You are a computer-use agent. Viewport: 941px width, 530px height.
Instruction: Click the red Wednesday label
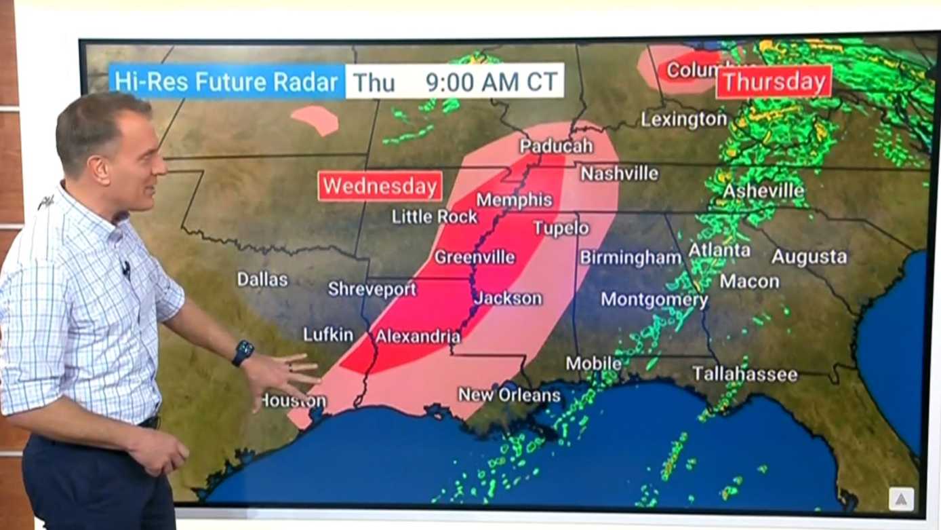[380, 186]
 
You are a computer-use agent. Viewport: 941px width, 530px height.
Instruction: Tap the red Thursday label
[774, 82]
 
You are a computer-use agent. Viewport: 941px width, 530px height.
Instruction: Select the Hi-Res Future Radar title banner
[226, 82]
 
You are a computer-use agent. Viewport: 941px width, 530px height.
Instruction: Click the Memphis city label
[514, 200]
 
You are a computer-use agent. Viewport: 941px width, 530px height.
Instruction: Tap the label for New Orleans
[509, 395]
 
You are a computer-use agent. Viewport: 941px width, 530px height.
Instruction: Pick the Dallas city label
[262, 280]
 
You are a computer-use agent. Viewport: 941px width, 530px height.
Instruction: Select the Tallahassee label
[744, 374]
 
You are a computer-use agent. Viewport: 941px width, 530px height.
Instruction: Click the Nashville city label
[619, 174]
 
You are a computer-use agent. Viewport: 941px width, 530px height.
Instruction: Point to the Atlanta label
[719, 250]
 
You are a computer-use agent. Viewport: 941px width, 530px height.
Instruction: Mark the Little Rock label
[435, 217]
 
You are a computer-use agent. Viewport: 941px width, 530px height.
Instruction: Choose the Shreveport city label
[372, 289]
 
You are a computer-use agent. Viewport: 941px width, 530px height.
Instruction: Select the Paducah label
[556, 146]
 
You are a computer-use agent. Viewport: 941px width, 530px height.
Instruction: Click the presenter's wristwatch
[242, 353]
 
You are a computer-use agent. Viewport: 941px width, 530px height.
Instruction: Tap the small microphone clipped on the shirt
[125, 269]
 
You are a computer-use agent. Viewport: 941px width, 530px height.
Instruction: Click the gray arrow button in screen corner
[901, 499]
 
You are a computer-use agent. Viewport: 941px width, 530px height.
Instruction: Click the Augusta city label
[809, 257]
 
